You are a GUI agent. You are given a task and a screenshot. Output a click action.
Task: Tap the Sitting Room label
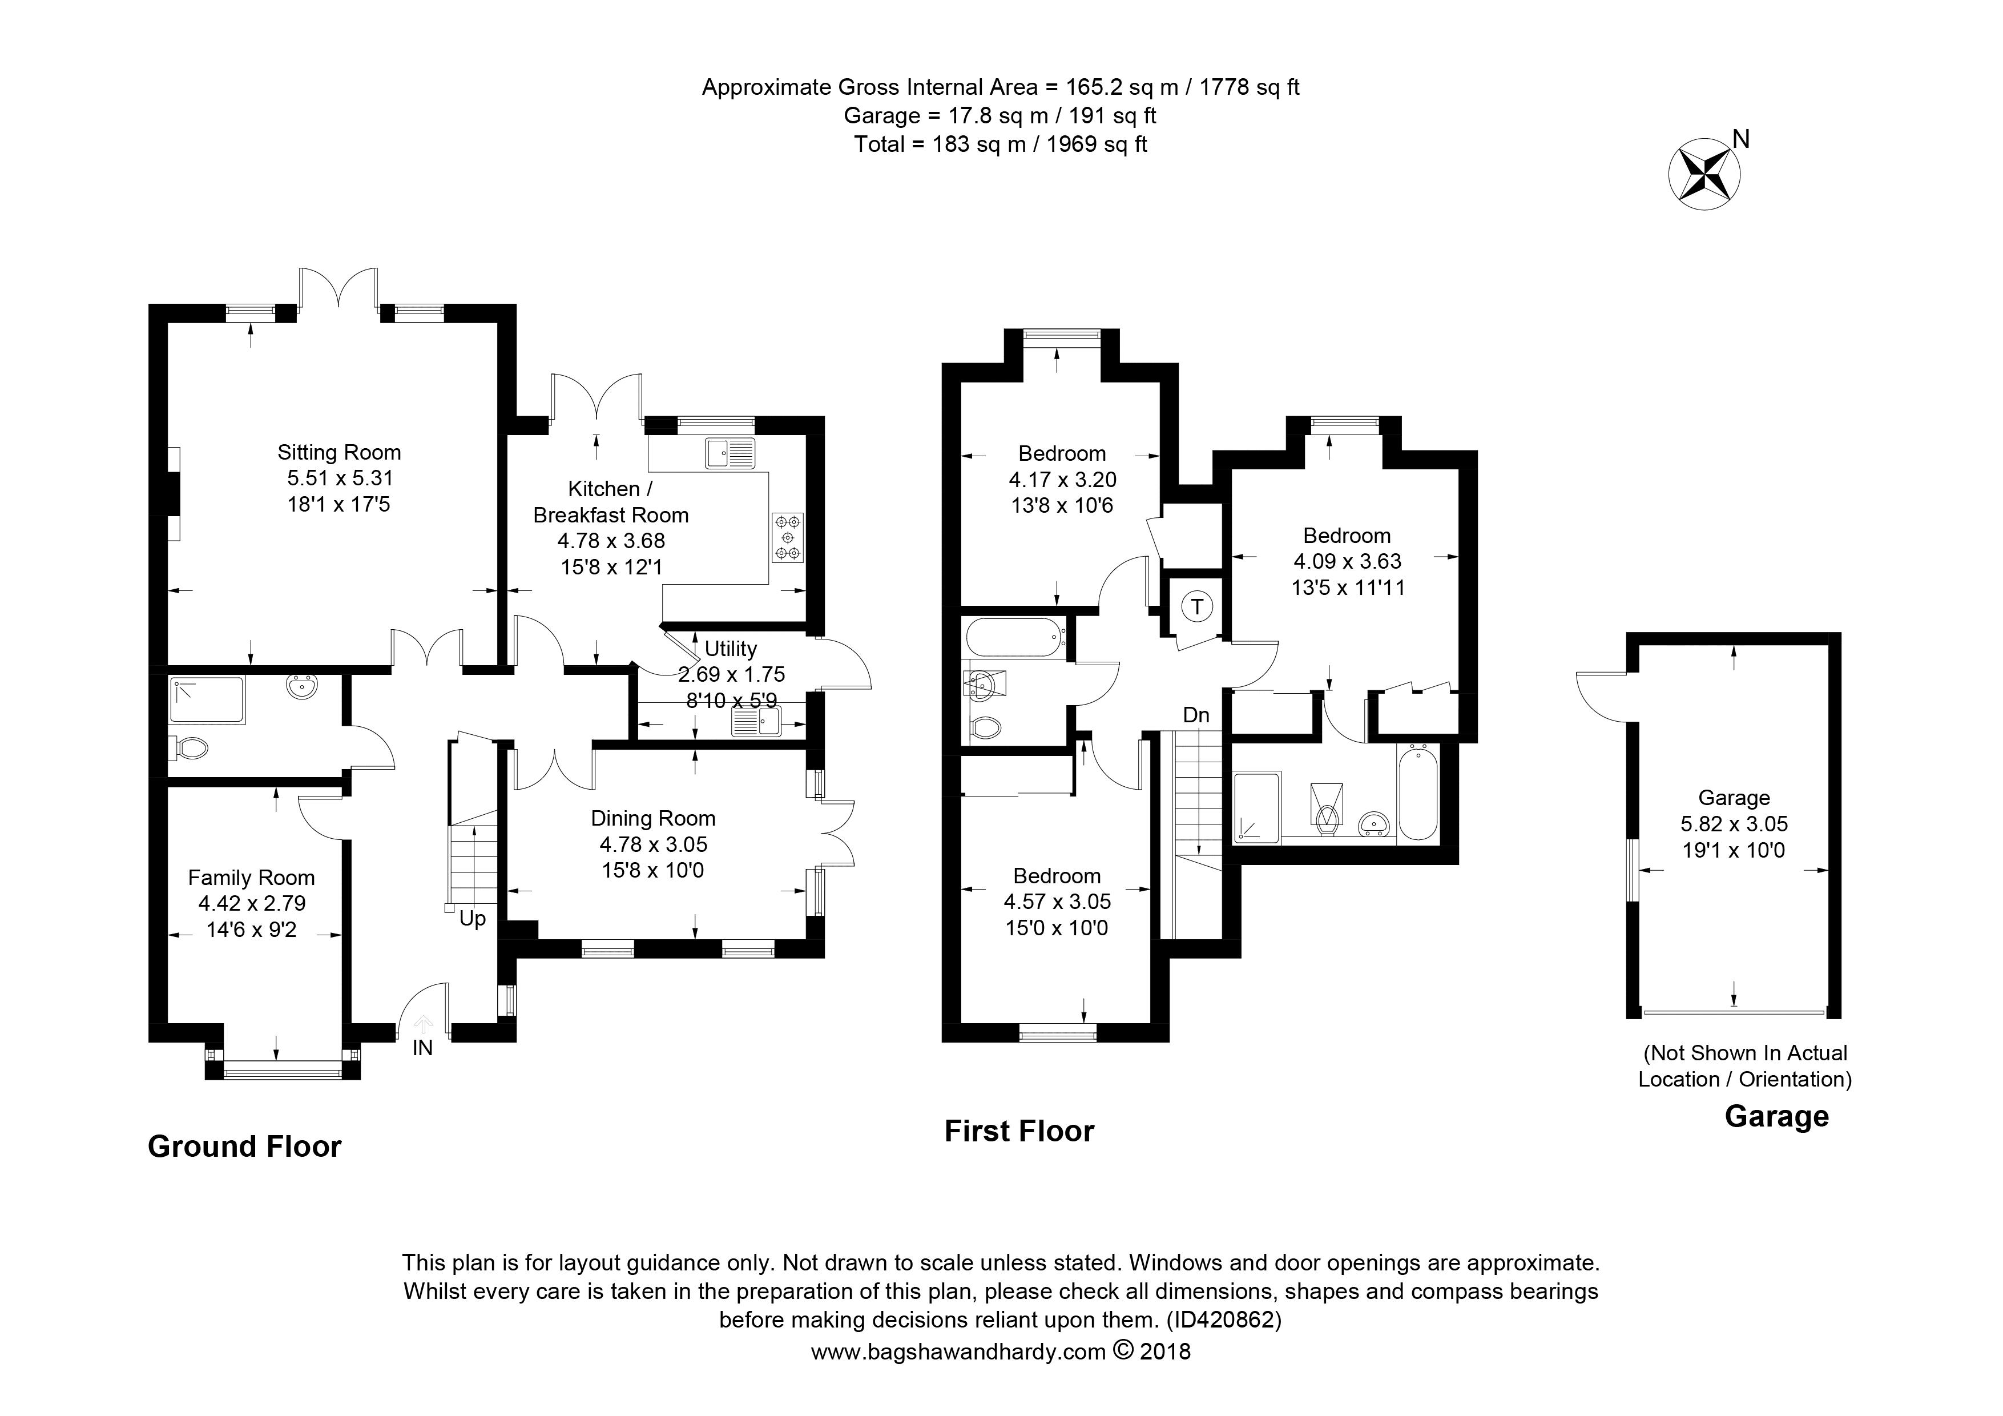(x=340, y=452)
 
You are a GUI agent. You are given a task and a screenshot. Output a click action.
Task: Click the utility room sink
(x=757, y=722)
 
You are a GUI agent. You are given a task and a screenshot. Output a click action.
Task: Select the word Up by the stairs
(x=472, y=919)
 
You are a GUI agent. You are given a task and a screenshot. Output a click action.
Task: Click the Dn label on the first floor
(x=1196, y=715)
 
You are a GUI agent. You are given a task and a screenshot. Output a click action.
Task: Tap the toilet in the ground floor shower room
(x=192, y=748)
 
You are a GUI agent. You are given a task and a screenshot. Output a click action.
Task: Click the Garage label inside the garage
(x=1734, y=798)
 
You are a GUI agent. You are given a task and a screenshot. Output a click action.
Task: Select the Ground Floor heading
(x=245, y=1145)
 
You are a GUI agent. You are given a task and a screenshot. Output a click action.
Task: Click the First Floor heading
(x=1019, y=1131)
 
